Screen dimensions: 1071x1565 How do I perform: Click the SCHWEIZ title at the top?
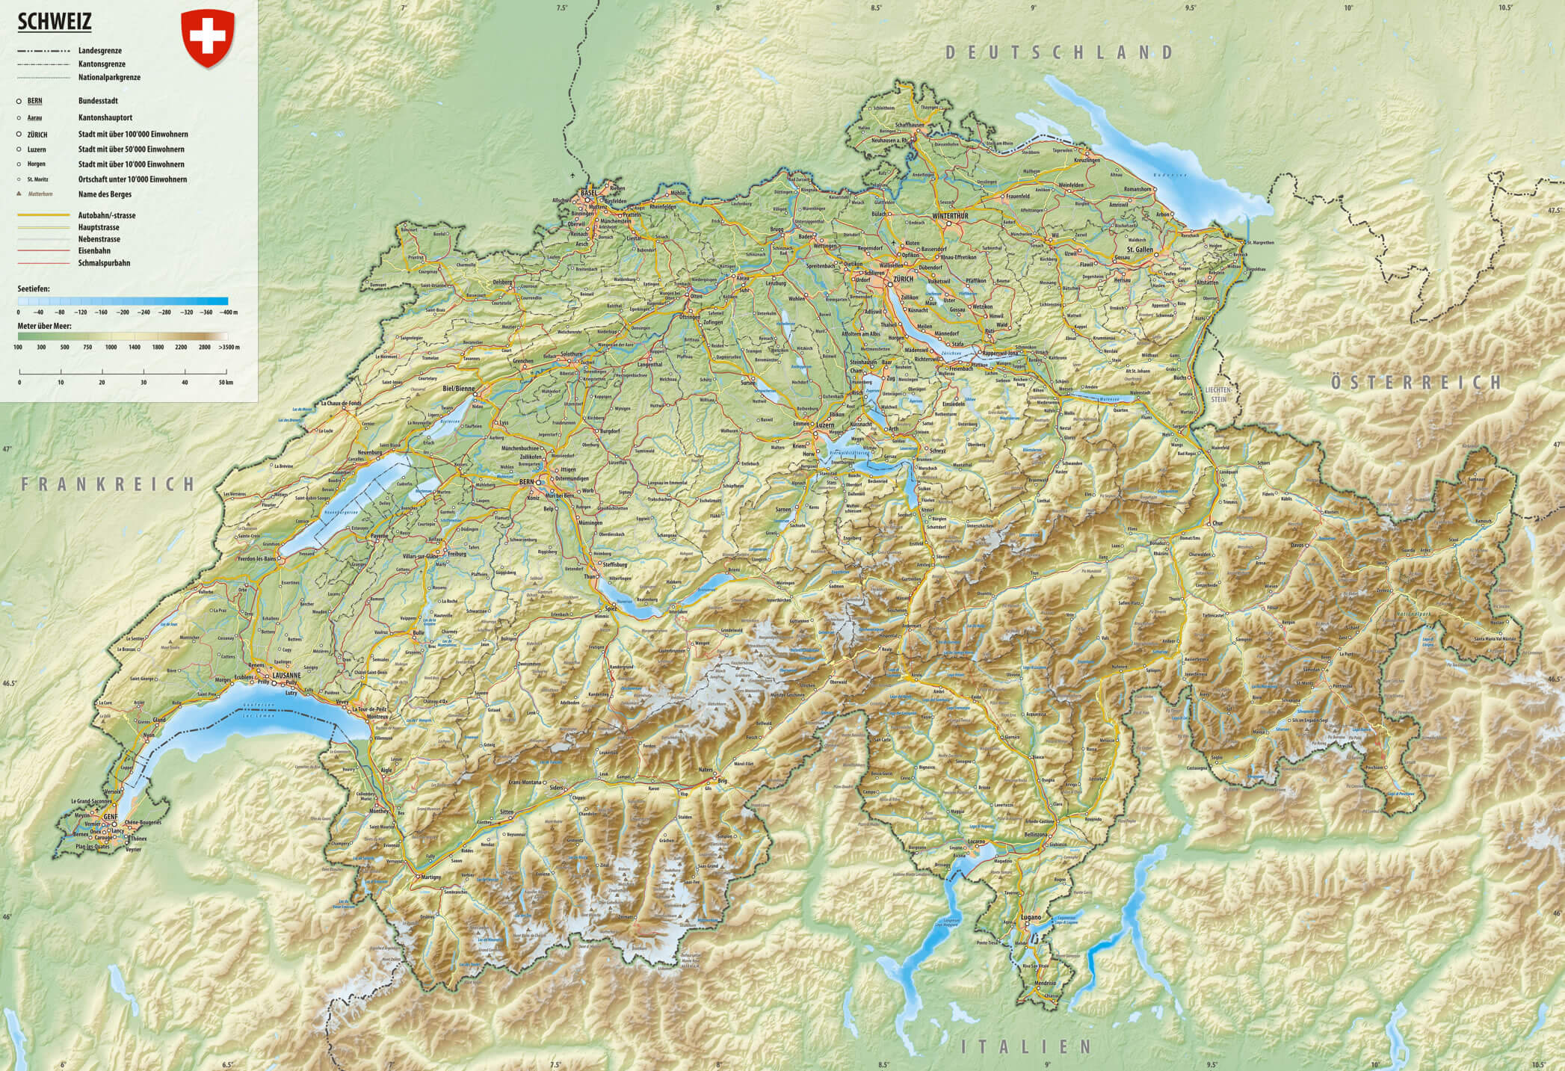(x=53, y=23)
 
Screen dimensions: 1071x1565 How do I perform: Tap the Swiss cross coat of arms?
(x=208, y=37)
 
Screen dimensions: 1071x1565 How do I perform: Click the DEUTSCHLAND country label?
(x=1059, y=52)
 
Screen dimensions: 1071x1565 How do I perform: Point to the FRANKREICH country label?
(x=108, y=484)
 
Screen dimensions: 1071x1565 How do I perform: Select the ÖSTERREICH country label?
(x=1416, y=383)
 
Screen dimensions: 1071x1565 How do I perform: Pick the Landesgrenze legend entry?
(x=100, y=51)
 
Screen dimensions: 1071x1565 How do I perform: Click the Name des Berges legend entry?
(x=105, y=194)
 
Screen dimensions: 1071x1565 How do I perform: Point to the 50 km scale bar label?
(x=226, y=383)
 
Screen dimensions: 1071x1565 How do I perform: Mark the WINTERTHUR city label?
(x=950, y=216)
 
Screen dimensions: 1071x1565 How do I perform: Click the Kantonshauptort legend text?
(x=105, y=118)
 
